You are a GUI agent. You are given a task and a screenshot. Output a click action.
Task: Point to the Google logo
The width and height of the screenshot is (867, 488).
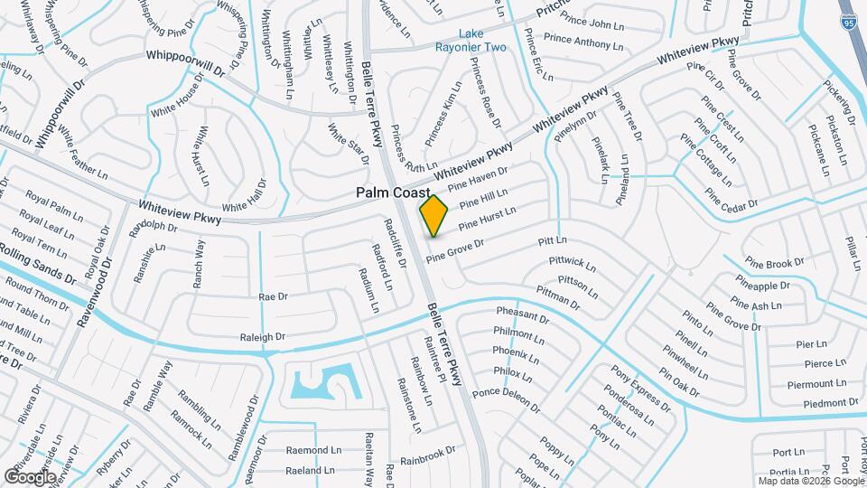click(x=31, y=475)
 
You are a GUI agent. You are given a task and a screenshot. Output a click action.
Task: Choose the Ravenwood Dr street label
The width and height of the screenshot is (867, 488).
click(x=94, y=290)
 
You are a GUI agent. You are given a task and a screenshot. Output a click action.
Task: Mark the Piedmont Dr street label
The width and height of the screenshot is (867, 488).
click(x=823, y=402)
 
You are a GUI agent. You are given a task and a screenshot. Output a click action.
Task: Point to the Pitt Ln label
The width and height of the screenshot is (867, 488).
click(x=551, y=240)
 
